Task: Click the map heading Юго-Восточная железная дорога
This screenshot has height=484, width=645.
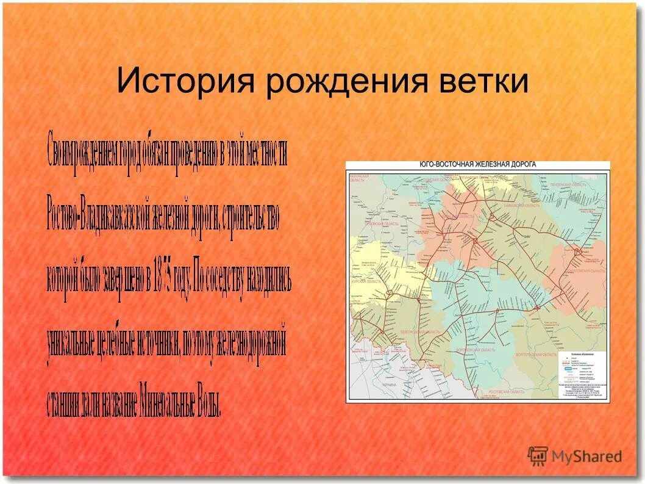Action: [477, 165]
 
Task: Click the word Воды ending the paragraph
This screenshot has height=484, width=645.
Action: [209, 400]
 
